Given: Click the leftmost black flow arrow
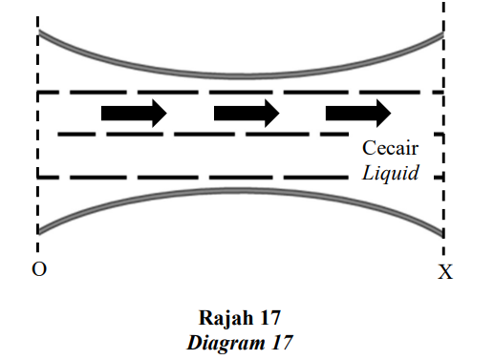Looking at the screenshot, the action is coord(134,114).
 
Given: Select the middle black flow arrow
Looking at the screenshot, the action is coord(247,114).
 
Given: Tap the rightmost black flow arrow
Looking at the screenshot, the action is coord(358,114).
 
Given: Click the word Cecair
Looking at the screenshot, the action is coord(390,148).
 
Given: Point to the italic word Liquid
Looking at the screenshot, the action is coord(391,173).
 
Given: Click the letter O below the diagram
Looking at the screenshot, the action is coord(39,269).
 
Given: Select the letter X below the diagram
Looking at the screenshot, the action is coord(445,272).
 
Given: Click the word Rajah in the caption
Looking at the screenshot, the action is coord(226,318).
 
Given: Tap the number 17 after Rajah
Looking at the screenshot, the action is coord(270,318).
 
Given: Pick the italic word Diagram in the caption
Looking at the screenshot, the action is coord(226,344).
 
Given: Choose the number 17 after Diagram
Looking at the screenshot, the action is coord(282,343).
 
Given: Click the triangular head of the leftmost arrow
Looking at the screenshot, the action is coord(160,114).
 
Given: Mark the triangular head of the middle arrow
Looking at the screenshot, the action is coord(272,114).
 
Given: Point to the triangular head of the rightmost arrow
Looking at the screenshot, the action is coord(383,114).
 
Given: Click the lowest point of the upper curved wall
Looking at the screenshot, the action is coord(243,76).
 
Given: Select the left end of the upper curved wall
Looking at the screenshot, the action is coord(38,32).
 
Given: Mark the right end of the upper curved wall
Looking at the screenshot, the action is coord(443,34).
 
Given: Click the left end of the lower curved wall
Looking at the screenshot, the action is coord(38,231).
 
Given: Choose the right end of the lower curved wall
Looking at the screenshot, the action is coord(443,235).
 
